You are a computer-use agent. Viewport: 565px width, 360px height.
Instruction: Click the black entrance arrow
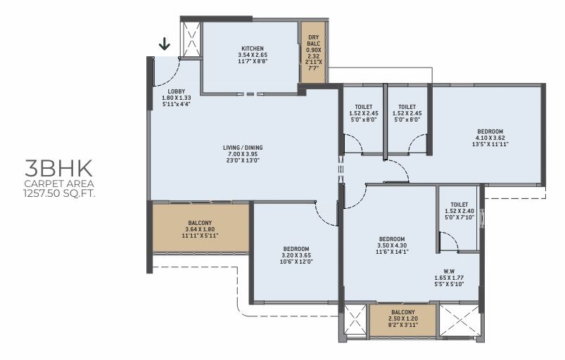pos(165,44)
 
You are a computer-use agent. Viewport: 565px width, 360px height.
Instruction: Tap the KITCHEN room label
pos(252,49)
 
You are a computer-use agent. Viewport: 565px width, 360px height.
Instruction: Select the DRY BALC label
pos(314,40)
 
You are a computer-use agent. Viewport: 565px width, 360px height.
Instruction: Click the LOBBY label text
pos(176,91)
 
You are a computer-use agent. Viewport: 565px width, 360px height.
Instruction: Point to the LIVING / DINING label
pos(243,148)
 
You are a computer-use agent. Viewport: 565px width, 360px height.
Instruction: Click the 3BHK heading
pos(58,168)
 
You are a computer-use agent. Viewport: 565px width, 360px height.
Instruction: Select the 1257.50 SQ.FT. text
pos(59,193)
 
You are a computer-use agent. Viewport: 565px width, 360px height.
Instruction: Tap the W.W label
pos(449,271)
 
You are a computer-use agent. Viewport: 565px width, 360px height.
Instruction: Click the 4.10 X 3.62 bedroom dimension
pos(490,138)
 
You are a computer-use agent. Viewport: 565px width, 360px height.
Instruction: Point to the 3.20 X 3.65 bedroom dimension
pos(296,255)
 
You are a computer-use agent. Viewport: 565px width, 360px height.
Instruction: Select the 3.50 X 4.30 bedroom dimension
pos(392,245)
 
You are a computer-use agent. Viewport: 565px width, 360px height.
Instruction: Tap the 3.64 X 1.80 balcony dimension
pos(200,229)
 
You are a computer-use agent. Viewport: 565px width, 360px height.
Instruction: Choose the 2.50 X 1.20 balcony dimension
pos(403,319)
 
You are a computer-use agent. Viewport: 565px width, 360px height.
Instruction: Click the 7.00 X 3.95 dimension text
pos(243,154)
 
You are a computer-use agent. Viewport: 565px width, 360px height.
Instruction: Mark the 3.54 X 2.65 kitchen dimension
pos(252,55)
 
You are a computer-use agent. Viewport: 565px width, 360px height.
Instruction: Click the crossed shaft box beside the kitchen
pos(191,39)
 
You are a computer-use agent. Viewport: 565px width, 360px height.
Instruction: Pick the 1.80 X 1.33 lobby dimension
pos(176,98)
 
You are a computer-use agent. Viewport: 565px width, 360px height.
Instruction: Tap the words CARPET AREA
pos(59,184)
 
